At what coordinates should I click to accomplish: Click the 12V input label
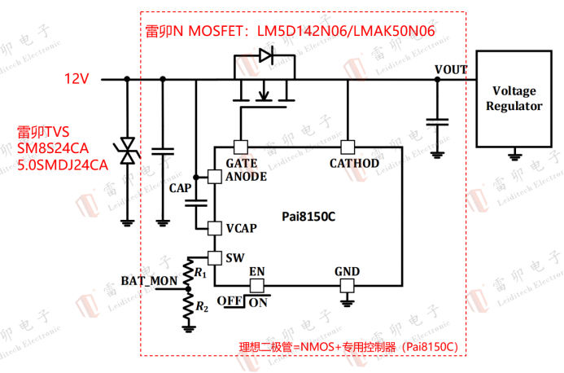click(x=77, y=79)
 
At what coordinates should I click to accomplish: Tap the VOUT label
click(x=450, y=69)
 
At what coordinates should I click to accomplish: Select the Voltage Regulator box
click(x=514, y=99)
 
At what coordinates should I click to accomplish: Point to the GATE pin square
click(x=240, y=147)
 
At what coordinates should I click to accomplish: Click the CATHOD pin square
click(x=348, y=147)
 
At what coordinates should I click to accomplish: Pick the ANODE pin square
click(x=214, y=176)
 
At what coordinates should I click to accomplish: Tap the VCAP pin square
click(x=214, y=228)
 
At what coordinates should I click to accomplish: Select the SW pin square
click(x=214, y=258)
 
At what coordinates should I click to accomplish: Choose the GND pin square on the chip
click(x=348, y=284)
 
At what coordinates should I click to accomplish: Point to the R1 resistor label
click(x=199, y=274)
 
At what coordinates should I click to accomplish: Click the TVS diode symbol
click(x=127, y=151)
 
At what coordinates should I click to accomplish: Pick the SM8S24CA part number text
click(x=52, y=148)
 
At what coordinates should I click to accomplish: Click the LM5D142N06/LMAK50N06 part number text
click(x=346, y=31)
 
